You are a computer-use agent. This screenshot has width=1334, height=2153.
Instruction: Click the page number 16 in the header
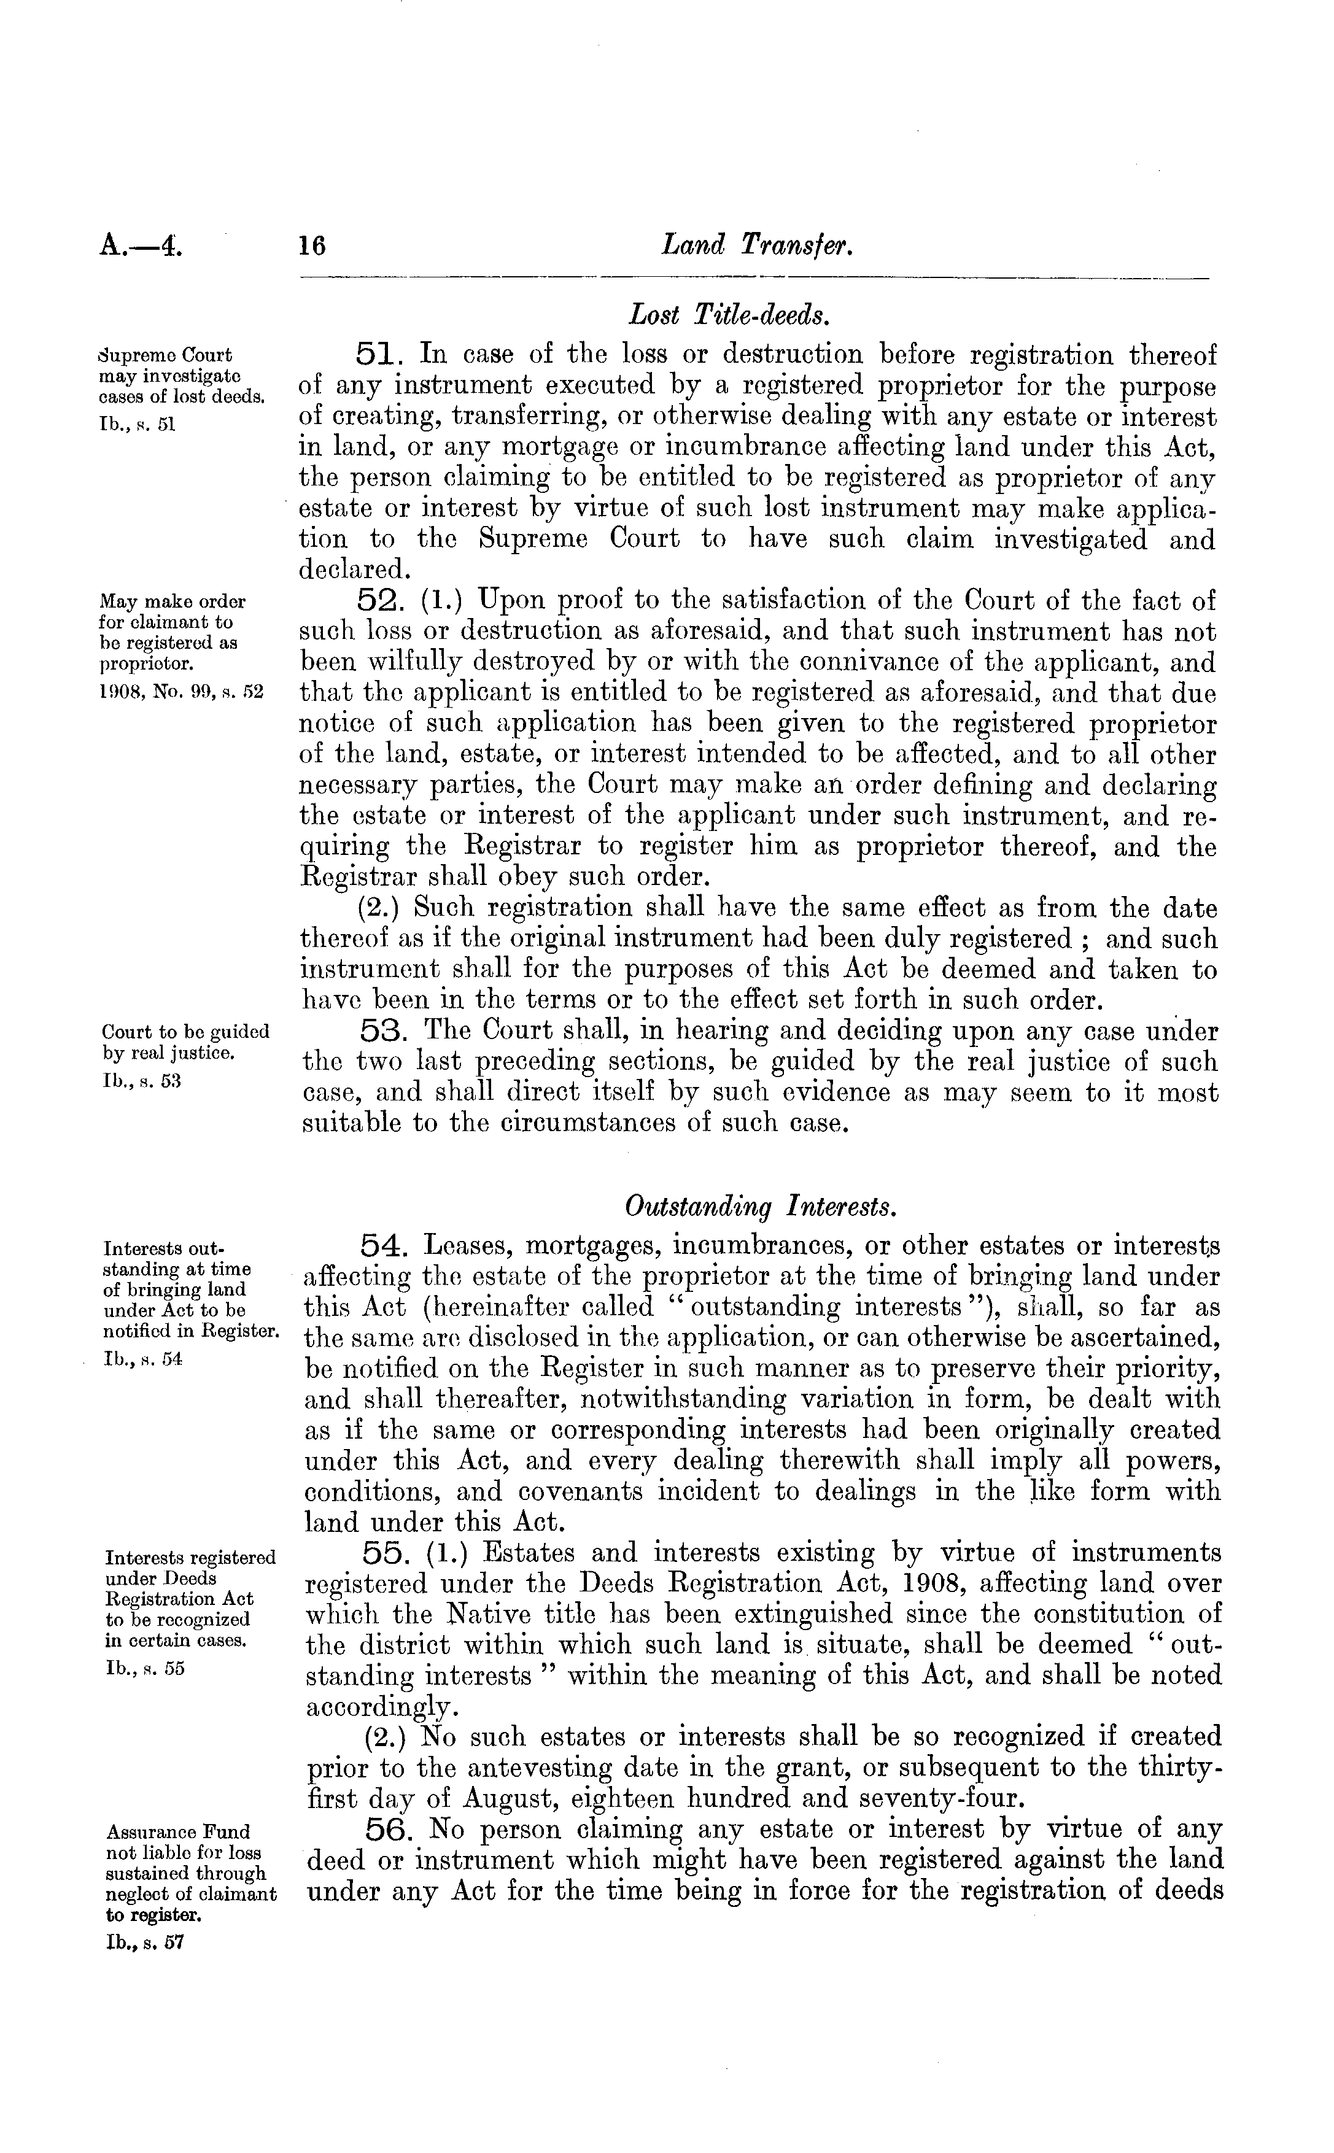312,244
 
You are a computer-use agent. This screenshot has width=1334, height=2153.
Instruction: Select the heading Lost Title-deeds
727,313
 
